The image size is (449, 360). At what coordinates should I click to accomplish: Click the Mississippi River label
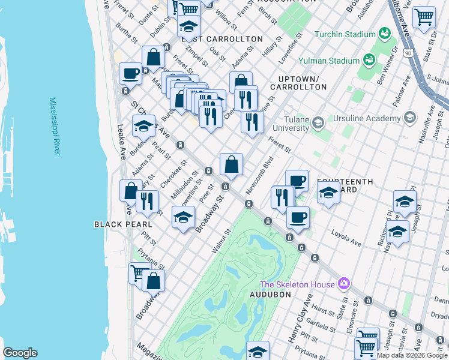coord(55,126)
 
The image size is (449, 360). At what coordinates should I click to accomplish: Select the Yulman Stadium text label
coord(336,61)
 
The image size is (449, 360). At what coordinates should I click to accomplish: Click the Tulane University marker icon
coord(318,123)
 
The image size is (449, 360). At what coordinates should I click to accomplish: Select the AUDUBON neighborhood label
coord(270,295)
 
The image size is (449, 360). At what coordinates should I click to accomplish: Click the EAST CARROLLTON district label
coord(222,39)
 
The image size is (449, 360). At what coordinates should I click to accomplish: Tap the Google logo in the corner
coord(20,352)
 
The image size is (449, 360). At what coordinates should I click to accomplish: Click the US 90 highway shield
coord(408,53)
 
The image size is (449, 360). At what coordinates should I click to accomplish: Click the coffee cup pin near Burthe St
coord(130,74)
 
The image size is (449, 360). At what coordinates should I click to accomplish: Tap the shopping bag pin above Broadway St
coord(231,164)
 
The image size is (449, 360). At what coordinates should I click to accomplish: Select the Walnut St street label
coord(222,240)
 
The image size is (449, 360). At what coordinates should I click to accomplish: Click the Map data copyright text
coord(411,355)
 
